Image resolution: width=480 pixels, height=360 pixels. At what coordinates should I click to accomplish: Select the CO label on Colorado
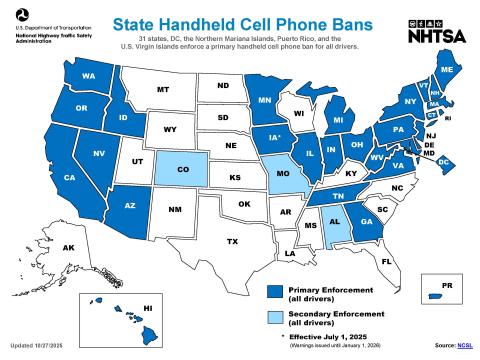(182, 169)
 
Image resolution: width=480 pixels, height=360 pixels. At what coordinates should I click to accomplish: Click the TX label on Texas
(232, 241)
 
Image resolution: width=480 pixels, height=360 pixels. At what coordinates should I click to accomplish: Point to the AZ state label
(130, 206)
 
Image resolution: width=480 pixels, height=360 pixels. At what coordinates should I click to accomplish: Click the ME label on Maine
(446, 69)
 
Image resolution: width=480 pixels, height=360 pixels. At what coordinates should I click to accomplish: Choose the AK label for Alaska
(69, 247)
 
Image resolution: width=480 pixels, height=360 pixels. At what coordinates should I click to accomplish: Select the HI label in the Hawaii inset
(147, 308)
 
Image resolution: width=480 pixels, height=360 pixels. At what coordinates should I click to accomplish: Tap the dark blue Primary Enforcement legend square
(272, 292)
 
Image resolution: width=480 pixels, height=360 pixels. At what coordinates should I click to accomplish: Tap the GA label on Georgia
(367, 222)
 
